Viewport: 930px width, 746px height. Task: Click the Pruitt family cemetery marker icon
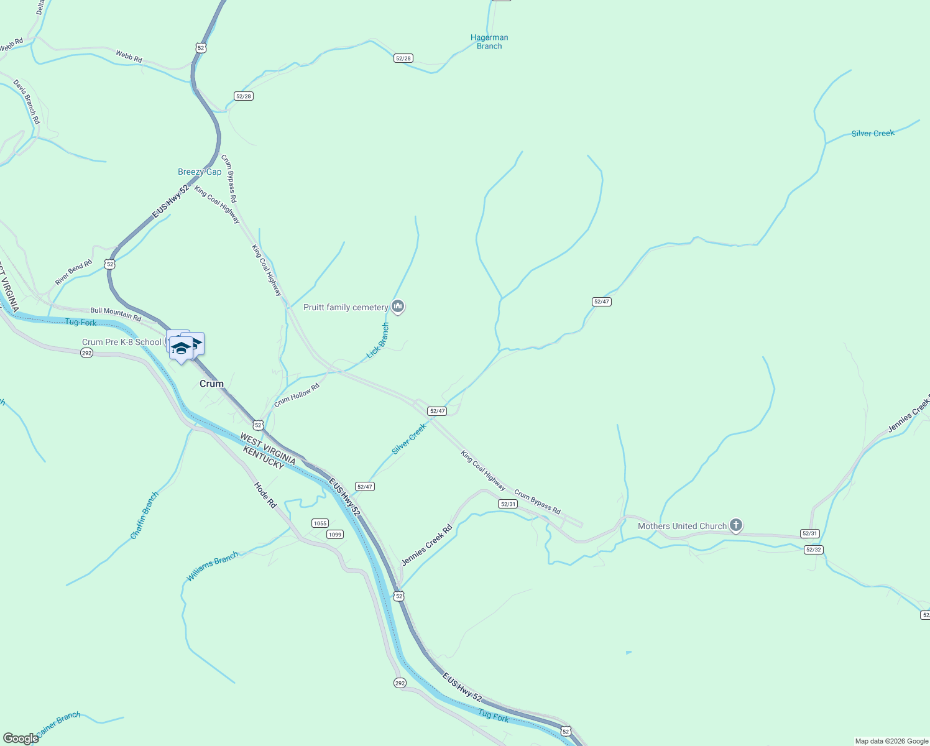pos(398,306)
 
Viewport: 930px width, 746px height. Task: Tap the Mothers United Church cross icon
pos(735,525)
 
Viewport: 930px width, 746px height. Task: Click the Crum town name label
pos(211,384)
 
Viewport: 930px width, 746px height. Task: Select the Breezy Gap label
pos(200,172)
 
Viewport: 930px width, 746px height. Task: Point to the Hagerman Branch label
pos(489,42)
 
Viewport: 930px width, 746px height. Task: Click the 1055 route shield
pos(320,523)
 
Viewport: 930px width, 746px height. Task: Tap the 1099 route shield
pos(335,534)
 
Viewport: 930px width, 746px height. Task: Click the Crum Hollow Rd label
pos(297,395)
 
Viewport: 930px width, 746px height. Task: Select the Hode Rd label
pos(265,495)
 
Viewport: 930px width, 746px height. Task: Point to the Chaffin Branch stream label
pos(145,515)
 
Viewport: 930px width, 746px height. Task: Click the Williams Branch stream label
pos(212,566)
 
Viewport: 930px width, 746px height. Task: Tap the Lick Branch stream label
pos(377,341)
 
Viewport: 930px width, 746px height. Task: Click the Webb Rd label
pos(129,57)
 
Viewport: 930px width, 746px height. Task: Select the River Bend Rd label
pos(73,272)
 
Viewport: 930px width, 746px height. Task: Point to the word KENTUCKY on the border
pos(263,458)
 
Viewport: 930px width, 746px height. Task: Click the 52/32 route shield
pos(813,550)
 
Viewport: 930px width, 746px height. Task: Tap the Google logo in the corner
pos(21,739)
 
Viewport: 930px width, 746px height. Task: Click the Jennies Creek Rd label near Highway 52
pos(426,545)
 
